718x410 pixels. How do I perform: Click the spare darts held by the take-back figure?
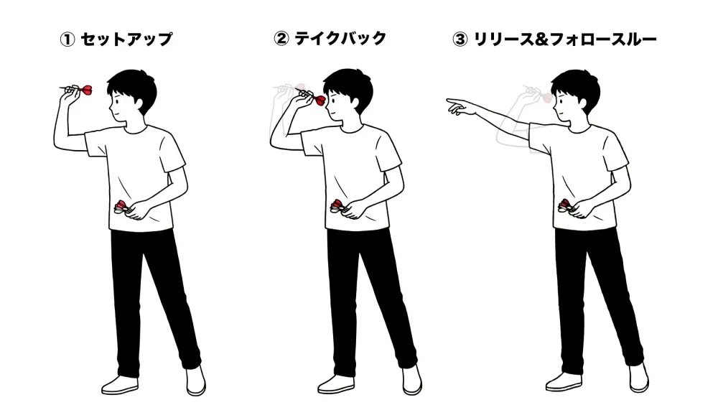(338, 208)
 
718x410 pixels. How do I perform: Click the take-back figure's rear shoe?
(412, 378)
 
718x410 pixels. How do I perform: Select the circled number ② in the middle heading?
(281, 39)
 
